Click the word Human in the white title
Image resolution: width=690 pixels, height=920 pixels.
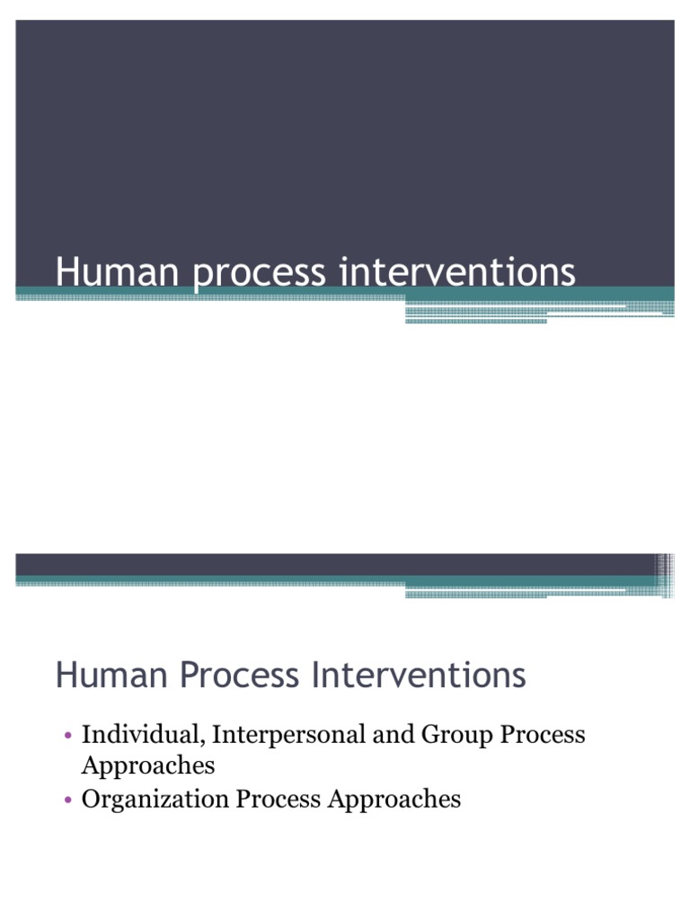click(x=117, y=272)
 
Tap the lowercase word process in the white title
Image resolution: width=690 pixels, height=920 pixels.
click(x=259, y=275)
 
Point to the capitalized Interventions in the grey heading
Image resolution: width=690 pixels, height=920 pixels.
click(x=419, y=675)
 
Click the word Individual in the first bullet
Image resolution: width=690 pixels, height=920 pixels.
click(x=143, y=735)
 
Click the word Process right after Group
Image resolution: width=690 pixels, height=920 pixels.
click(x=543, y=735)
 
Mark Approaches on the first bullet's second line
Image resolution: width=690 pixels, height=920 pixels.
click(x=148, y=766)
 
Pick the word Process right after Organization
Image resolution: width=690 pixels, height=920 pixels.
click(x=279, y=799)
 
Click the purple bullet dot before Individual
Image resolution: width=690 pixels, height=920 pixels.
click(x=68, y=735)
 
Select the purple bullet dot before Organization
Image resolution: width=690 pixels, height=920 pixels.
click(x=68, y=799)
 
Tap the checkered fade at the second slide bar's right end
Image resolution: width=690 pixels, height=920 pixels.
click(x=665, y=575)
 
